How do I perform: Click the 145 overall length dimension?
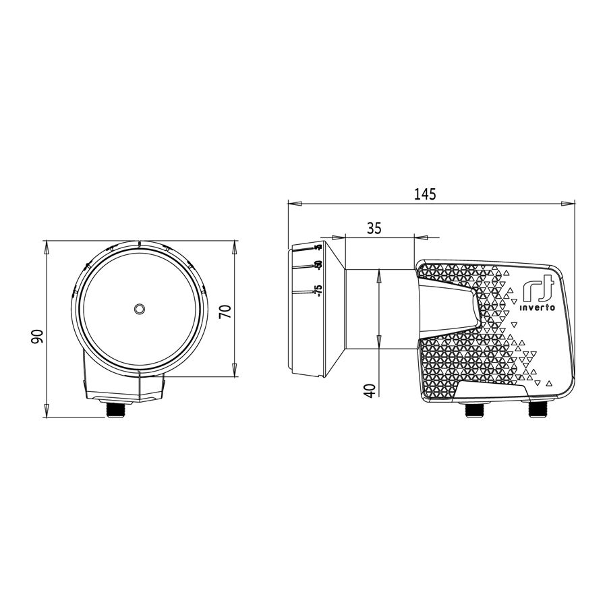point(426,194)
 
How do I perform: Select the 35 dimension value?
point(374,229)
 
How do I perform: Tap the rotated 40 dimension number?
point(369,389)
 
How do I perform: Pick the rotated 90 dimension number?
point(37,335)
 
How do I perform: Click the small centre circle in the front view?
point(139,309)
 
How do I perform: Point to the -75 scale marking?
point(319,291)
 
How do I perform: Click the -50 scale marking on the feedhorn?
point(319,266)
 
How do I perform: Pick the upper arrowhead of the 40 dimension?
point(380,274)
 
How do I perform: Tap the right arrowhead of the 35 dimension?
point(418,237)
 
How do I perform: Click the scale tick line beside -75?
point(304,291)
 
